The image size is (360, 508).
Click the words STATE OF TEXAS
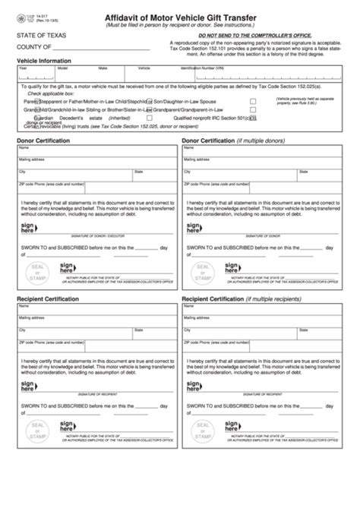pyautogui.click(x=39, y=35)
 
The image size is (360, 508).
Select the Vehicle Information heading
pyautogui.click(x=44, y=59)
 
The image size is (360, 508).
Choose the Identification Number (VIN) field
pyautogui.click(x=228, y=72)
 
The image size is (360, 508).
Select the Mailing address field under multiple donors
pyautogui.click(x=263, y=161)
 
